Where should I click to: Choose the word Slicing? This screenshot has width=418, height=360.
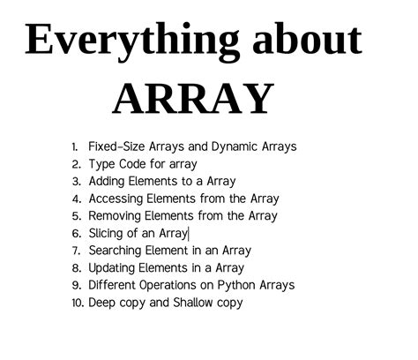coord(106,233)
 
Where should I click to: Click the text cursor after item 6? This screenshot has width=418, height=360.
coord(189,233)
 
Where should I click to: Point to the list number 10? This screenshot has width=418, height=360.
coord(77,303)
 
